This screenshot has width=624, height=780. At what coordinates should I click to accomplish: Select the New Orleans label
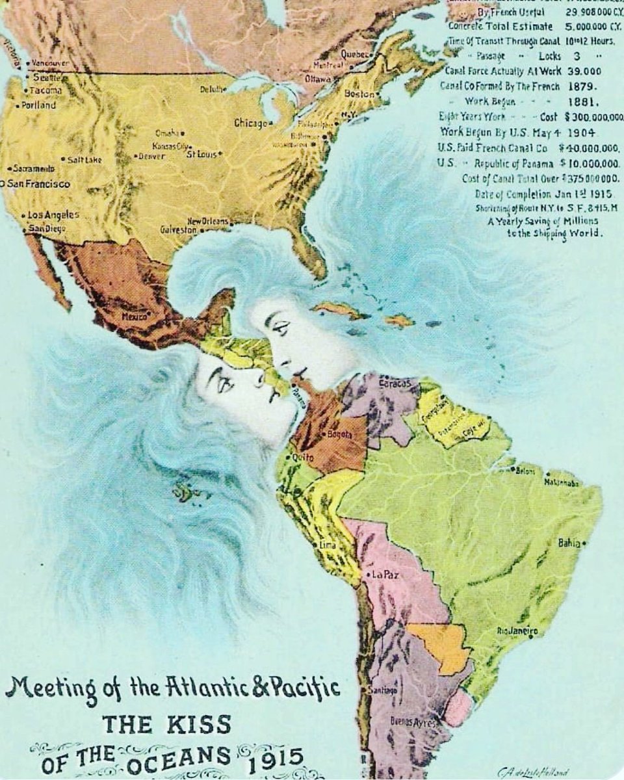208,222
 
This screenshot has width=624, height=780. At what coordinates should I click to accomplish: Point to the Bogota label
340,434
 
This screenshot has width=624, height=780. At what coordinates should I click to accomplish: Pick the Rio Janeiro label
517,630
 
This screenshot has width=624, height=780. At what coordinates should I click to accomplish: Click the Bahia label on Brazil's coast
569,543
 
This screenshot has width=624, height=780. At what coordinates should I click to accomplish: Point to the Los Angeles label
53,214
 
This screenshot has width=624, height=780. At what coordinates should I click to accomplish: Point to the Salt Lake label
84,159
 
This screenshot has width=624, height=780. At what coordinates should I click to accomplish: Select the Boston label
359,94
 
